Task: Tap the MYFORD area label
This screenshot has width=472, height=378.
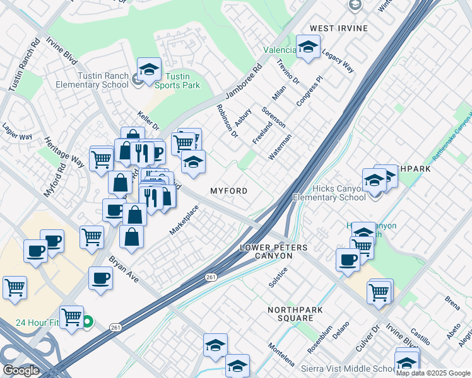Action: coord(228,190)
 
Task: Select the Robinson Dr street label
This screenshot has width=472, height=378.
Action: coord(227,121)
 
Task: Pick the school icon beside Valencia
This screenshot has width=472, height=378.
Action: coord(308,47)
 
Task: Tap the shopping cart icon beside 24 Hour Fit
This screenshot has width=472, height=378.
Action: coord(72,317)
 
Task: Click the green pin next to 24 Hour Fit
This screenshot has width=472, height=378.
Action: coord(88,322)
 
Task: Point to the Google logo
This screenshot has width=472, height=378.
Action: coord(21,370)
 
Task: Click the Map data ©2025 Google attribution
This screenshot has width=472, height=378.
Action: coord(433,373)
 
